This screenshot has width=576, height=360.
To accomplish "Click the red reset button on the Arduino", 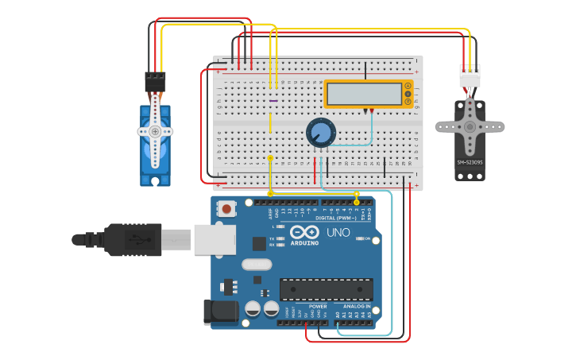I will [227, 209].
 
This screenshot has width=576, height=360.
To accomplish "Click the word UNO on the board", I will [338, 233].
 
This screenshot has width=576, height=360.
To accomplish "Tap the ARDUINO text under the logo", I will [304, 242].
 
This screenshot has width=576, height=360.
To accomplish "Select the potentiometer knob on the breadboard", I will [321, 132].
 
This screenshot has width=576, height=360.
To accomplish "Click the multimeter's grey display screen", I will [364, 94].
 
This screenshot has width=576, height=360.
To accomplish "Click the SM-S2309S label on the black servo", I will [470, 163].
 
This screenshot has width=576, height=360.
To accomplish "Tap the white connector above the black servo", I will [470, 77].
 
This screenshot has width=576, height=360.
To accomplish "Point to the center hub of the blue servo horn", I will [156, 131].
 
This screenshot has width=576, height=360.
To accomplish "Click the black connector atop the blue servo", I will [155, 82].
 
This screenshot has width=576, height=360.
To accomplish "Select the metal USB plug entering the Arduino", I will [176, 239].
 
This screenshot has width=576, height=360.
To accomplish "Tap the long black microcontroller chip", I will [326, 290].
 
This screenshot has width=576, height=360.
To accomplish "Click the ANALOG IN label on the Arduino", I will [357, 307].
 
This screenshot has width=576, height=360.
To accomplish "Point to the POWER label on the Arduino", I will [318, 307].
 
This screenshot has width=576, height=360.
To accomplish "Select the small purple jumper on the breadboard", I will [273, 101].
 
